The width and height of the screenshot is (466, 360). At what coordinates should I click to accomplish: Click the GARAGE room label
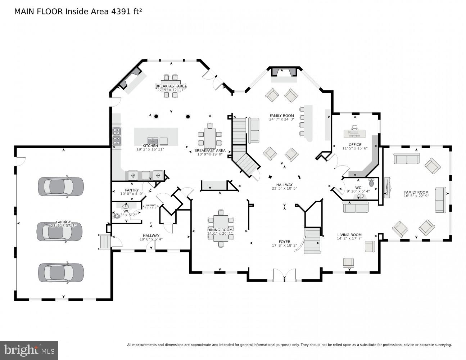pos(63,222)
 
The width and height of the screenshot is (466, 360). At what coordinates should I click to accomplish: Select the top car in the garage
pos(61,186)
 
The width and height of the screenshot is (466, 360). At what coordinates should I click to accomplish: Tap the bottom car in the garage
pos(61,273)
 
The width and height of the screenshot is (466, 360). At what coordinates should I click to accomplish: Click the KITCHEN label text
pos(150,146)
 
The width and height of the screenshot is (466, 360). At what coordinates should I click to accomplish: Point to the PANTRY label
pos(132,190)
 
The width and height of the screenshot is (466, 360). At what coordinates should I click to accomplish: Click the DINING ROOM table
pos(221,228)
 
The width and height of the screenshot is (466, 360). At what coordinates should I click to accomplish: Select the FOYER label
pos(284,242)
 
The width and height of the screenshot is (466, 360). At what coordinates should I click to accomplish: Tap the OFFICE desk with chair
pos(354,133)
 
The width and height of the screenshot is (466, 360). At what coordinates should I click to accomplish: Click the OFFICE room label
pos(354,145)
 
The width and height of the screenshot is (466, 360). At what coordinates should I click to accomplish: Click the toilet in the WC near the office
pos(371,183)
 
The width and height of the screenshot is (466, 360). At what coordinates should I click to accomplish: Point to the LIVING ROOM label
pos(349,235)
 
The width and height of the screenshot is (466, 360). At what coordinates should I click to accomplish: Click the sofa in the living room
pos(356,207)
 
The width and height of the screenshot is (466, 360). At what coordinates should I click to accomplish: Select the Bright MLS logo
pos(29,350)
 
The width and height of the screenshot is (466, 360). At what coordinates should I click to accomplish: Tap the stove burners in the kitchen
pos(117,135)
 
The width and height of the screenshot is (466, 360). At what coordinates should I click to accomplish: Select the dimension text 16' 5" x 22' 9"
pos(416,196)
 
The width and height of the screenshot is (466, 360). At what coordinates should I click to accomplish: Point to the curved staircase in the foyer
pos(312,241)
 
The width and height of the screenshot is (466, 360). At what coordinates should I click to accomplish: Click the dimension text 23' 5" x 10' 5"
pos(284,188)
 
